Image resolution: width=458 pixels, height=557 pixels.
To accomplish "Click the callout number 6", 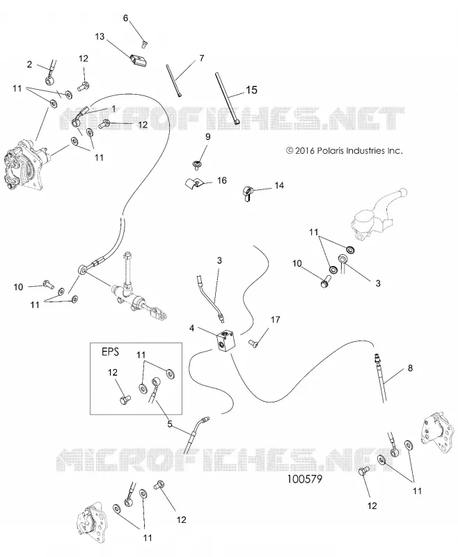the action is click(126, 18).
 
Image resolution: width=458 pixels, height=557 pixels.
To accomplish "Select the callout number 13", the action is click(100, 36).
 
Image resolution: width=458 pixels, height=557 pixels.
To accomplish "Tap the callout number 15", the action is click(251, 90).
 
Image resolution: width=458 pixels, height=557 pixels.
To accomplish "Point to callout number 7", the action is click(202, 58).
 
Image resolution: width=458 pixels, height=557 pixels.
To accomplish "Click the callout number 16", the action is click(221, 180).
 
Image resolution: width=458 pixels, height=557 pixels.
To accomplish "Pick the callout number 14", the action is click(279, 185).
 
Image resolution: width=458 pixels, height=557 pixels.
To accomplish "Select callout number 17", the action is click(276, 320).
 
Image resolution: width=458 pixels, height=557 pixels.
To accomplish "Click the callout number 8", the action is click(411, 368).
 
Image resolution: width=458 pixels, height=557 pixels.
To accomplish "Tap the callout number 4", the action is click(191, 328).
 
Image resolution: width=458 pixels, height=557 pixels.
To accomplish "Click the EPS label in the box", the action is click(110, 352).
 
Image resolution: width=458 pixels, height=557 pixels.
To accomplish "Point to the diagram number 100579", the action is click(305, 479).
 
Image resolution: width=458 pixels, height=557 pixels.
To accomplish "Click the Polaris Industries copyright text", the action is click(345, 150).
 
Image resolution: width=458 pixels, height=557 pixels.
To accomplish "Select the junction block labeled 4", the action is click(225, 341).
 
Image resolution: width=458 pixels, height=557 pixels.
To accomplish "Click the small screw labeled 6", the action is click(145, 43).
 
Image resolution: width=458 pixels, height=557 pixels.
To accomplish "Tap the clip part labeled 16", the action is click(194, 184).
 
